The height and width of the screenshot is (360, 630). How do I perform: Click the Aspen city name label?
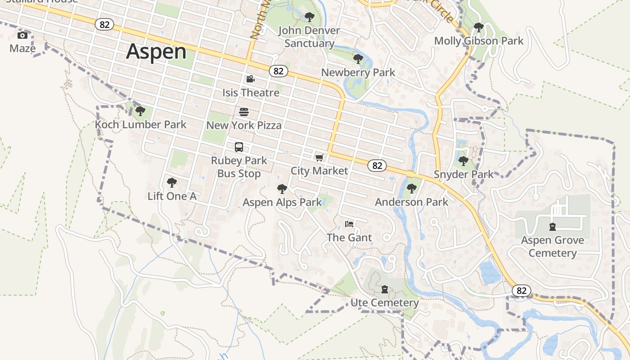pos(156,51)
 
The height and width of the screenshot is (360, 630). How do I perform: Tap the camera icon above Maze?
pos(22,36)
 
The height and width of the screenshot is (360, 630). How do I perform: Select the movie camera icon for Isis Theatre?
pos(251,79)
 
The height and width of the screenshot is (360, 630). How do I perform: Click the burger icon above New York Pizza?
pos(244,112)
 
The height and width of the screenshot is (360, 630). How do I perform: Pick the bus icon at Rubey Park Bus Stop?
pos(239,147)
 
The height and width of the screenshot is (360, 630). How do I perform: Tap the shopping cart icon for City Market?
pos(319,157)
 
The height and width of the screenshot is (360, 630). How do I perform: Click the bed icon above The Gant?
pos(349,224)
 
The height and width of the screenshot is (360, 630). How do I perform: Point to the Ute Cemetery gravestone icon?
pos(385,289)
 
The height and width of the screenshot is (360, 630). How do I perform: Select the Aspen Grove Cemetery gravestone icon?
pos(553,227)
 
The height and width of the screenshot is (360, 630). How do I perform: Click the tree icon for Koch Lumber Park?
pos(140,111)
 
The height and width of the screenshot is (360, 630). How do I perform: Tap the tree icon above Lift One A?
pos(171,183)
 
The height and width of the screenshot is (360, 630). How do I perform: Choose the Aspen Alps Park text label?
pos(282,202)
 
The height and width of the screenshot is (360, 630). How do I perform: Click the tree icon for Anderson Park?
pos(411,189)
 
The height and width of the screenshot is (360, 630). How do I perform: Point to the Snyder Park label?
pos(463,174)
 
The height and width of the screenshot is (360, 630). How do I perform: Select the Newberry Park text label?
pos(358,72)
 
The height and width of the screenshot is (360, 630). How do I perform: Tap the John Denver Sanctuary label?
pos(309,37)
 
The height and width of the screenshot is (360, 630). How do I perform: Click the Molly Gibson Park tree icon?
pos(479,28)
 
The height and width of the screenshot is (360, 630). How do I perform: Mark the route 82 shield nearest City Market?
pos(377,166)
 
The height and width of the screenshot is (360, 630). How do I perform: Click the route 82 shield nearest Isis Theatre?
pos(279,71)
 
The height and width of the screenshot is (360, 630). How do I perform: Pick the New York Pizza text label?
pos(244,125)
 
